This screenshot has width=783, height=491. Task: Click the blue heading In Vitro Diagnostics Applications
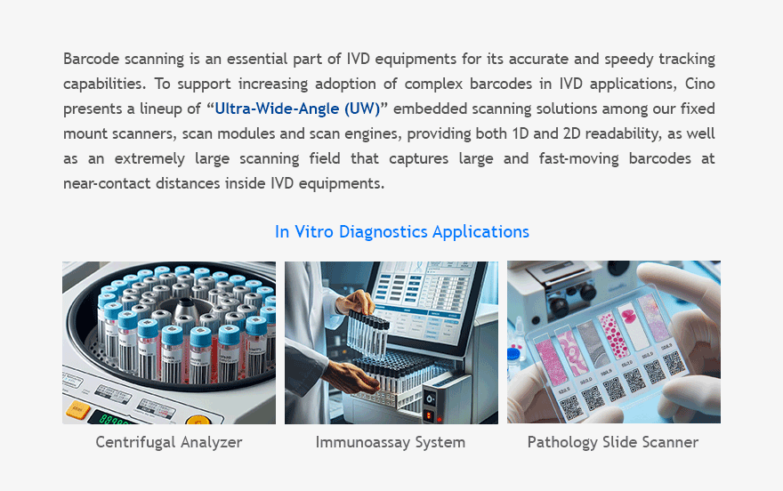click(401, 232)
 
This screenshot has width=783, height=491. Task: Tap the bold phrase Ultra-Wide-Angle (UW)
click(297, 109)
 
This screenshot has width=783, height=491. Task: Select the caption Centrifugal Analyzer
click(169, 442)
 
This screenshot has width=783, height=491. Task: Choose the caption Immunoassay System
click(391, 442)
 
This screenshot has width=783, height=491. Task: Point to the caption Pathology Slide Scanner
click(613, 442)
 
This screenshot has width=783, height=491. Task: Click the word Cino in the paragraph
click(698, 85)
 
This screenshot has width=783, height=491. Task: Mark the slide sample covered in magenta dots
click(614, 334)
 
